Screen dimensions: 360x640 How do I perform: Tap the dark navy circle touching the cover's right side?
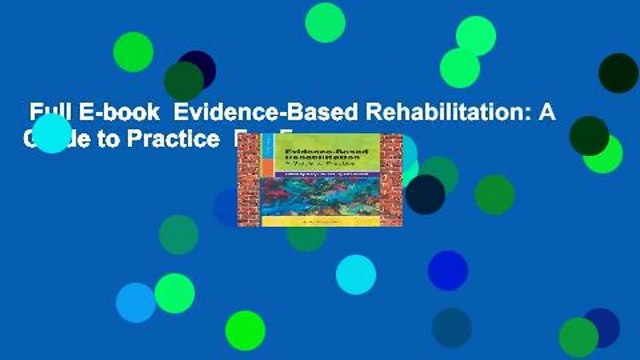[425, 193]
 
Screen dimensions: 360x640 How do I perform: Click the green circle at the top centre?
[324, 22]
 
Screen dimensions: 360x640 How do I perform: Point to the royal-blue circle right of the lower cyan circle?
[447, 270]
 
